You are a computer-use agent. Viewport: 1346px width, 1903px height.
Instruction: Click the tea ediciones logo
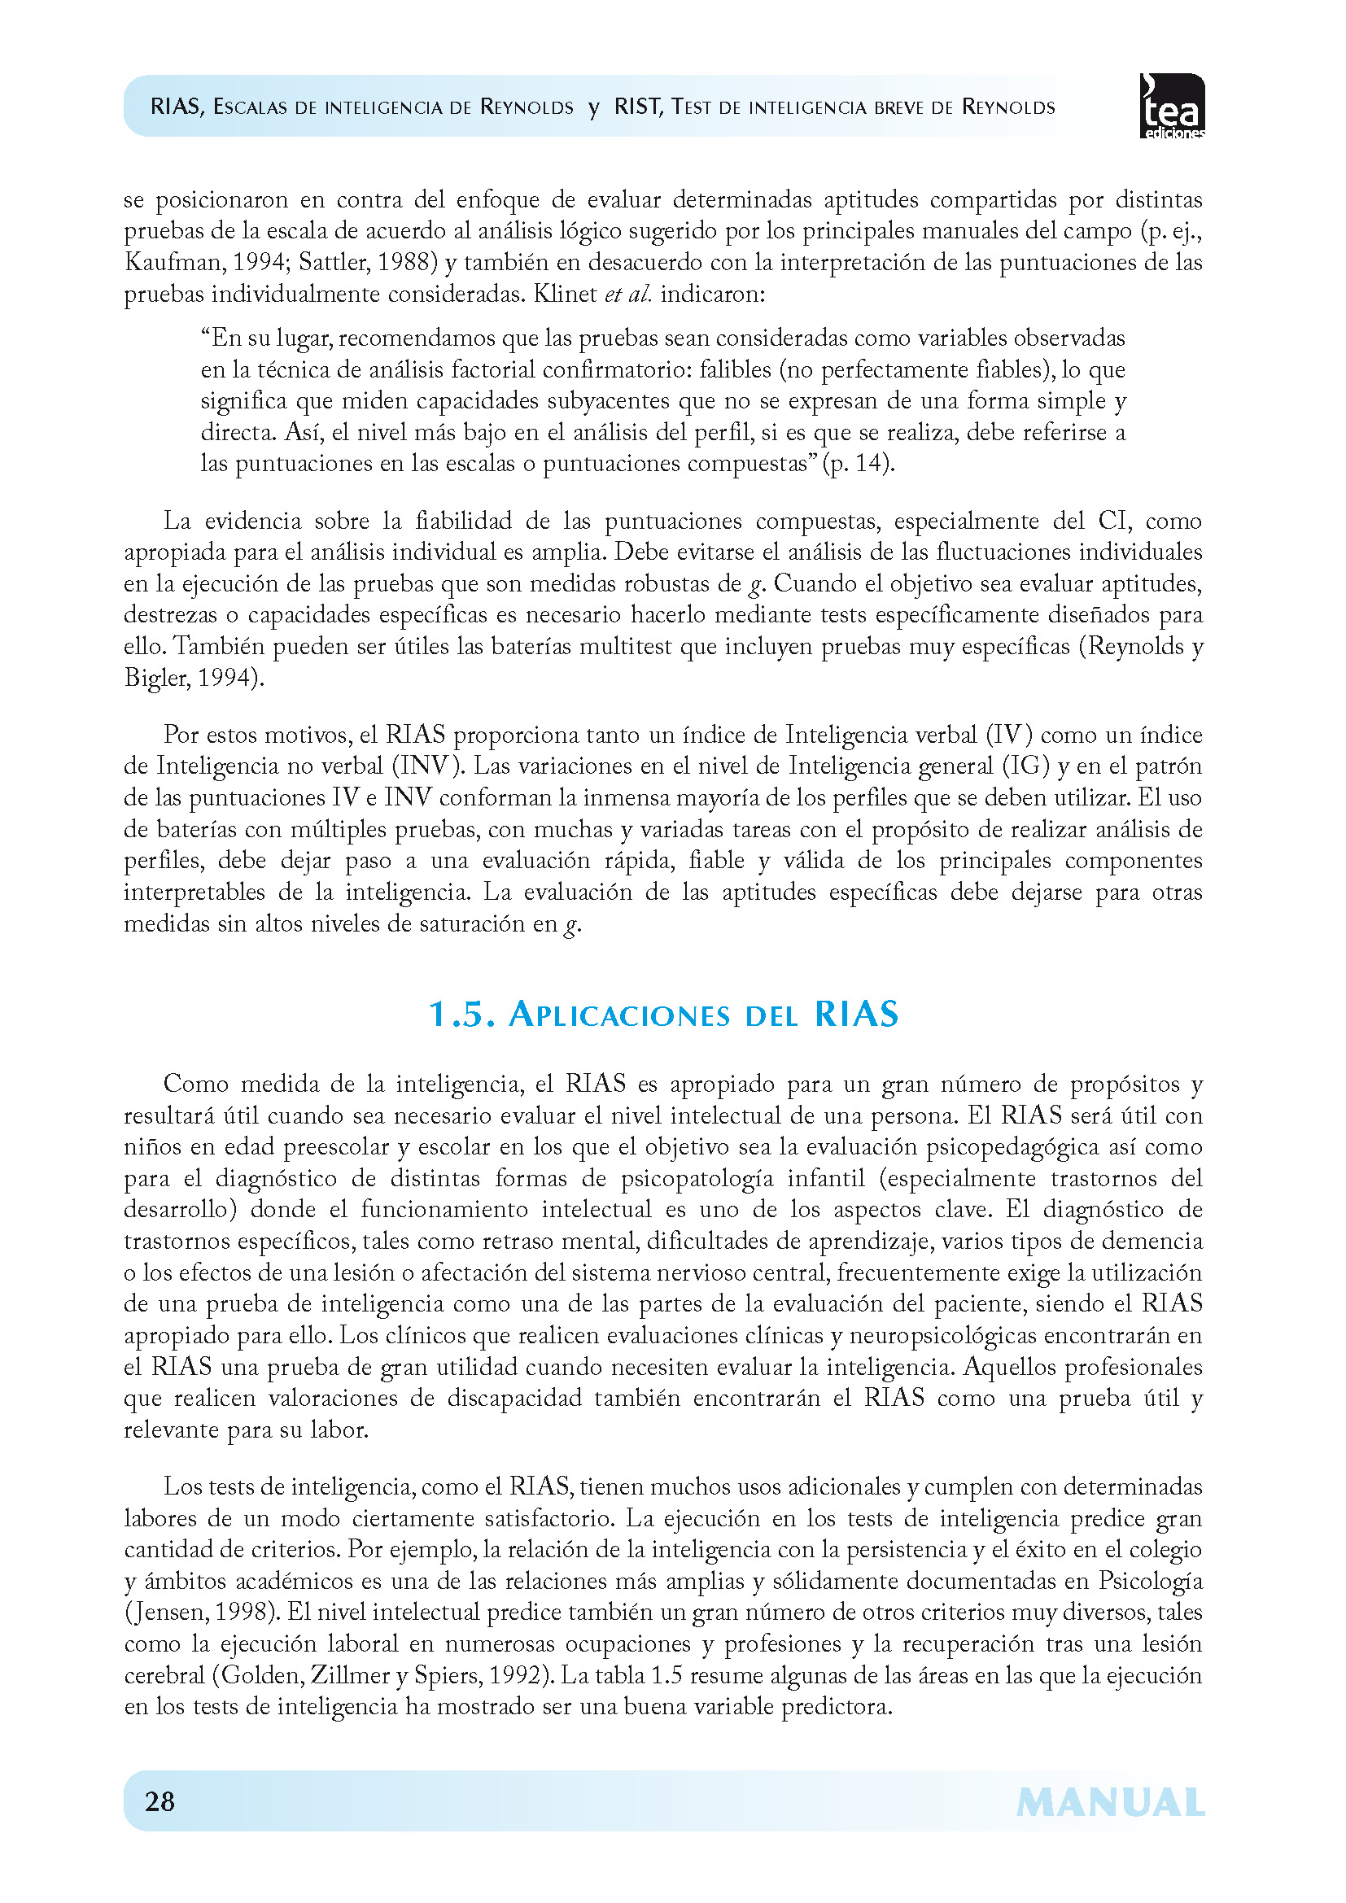1172,106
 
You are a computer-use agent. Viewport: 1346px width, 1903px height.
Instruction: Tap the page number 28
160,1801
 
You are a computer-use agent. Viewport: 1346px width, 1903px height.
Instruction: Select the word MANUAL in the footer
1110,1803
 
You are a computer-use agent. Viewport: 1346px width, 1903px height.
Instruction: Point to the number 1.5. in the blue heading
461,1015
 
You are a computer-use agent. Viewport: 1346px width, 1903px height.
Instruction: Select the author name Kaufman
174,263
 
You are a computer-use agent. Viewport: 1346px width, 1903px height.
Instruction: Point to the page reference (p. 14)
859,463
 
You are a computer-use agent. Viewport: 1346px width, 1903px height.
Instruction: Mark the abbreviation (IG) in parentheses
1026,766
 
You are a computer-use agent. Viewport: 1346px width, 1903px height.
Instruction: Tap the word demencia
1154,1241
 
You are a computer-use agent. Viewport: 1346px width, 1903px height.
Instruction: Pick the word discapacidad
514,1399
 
